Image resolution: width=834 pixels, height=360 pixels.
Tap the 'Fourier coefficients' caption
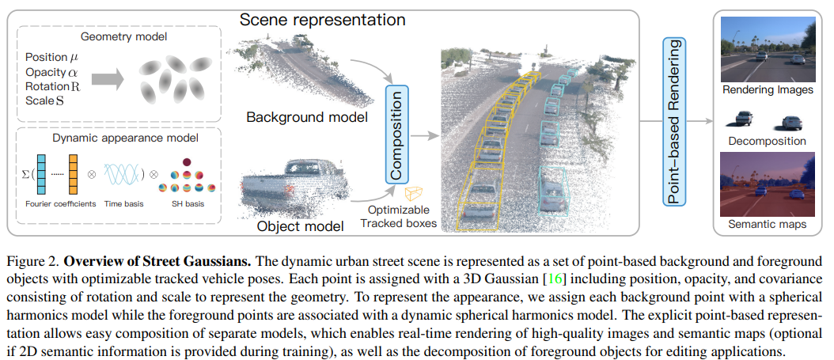pos(56,203)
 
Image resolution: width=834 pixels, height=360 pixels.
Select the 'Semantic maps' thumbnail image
pos(767,184)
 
